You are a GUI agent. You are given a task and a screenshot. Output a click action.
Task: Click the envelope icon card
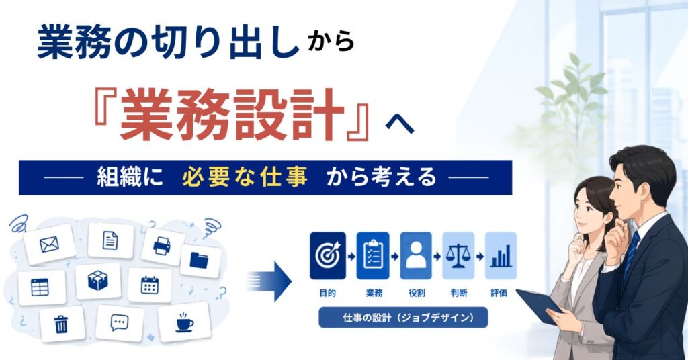tap(49, 244)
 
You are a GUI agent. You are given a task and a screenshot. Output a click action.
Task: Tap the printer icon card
tap(163, 246)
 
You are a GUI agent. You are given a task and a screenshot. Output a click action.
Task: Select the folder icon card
tap(200, 261)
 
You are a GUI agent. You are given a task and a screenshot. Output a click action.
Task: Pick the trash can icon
tap(61, 324)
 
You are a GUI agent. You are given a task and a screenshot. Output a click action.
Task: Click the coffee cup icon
tap(184, 322)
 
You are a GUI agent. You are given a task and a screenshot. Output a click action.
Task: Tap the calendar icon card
tap(150, 285)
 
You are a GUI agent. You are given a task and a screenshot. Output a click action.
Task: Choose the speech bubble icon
tap(119, 323)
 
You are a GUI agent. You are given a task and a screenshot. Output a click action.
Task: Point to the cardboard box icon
tap(98, 280)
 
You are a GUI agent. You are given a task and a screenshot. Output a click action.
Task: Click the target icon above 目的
tap(328, 256)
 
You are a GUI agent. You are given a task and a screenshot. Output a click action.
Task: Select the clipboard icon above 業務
tap(373, 256)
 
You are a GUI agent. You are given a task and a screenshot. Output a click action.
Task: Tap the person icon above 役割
tap(416, 256)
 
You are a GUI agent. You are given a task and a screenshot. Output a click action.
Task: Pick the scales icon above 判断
tap(458, 256)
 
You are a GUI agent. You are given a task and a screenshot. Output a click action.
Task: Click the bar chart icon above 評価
tap(501, 256)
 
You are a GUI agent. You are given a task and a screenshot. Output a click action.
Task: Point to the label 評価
tap(499, 293)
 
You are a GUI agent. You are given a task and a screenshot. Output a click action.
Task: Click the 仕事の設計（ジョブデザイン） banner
tap(403, 318)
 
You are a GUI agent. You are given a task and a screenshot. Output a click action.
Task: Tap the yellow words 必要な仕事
tap(245, 177)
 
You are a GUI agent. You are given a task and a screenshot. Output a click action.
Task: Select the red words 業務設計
tap(232, 115)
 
